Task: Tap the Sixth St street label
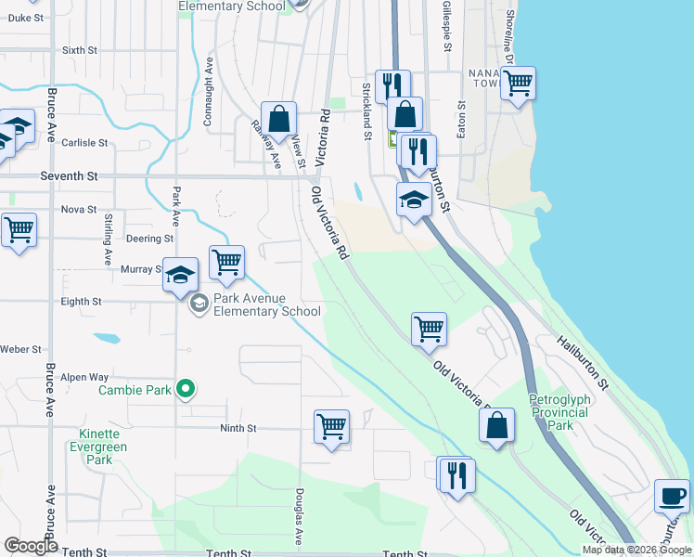80,50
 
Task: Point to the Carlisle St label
84,143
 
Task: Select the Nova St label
79,209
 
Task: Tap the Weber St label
20,349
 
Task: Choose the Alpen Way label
86,377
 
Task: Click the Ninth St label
238,428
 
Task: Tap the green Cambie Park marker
186,390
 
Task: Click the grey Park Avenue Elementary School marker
199,303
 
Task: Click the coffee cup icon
672,494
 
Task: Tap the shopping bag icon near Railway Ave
278,119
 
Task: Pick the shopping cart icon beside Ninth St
331,427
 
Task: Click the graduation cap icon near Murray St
182,274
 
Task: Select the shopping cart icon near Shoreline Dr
518,84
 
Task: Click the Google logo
32,546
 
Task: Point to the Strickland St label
366,110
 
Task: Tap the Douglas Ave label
299,517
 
